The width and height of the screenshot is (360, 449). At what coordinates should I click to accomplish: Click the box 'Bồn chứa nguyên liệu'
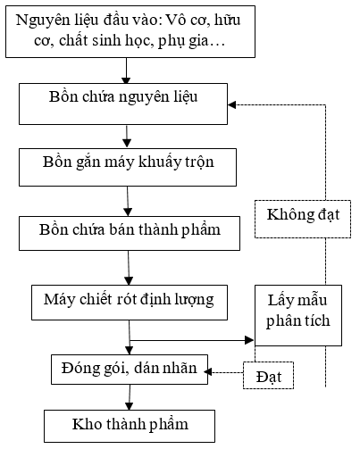[123, 104]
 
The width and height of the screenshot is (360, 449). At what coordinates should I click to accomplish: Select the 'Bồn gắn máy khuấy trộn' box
[128, 167]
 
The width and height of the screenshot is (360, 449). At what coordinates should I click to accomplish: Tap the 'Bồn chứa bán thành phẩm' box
[130, 233]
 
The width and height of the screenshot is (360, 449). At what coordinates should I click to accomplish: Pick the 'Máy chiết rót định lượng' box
[130, 303]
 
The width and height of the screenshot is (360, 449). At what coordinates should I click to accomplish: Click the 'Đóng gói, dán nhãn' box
[130, 370]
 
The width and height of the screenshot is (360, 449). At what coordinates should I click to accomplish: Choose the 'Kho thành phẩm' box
[130, 426]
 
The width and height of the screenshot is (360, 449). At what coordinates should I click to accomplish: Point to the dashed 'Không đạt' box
[303, 220]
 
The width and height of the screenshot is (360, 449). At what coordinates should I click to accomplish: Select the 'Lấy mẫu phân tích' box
[298, 315]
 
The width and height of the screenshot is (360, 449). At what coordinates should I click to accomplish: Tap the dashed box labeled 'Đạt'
[268, 375]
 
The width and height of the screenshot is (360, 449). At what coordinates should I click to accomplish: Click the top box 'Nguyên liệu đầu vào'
[130, 31]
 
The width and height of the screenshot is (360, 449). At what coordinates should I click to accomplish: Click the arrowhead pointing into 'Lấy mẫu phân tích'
[249, 340]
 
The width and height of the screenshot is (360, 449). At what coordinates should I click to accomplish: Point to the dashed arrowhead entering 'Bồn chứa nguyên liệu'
[232, 104]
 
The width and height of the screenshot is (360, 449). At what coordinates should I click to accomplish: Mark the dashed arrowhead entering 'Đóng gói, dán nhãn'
[208, 372]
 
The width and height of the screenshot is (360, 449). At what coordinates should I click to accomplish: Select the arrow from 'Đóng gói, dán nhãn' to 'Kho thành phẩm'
[130, 397]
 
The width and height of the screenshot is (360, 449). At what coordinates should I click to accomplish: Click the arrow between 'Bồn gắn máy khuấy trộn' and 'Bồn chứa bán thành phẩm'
[128, 202]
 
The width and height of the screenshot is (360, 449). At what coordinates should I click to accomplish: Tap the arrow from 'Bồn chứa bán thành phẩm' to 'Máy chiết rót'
[129, 268]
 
